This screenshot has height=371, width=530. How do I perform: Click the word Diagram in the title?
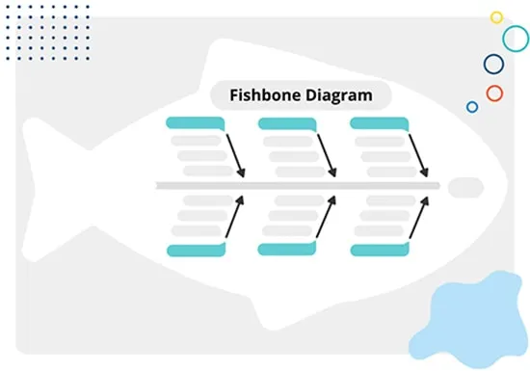(x=339, y=96)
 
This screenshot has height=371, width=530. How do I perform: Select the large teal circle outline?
(x=503, y=39)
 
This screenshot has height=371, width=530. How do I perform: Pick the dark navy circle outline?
(x=484, y=65)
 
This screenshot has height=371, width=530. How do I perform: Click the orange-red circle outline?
(x=487, y=93)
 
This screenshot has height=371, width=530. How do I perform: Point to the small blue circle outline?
(x=467, y=107)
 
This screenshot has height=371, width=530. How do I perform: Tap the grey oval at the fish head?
(x=465, y=188)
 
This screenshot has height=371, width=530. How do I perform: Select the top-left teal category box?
(x=195, y=123)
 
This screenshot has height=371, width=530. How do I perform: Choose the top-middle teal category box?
(x=287, y=123)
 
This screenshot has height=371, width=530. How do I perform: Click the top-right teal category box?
(x=380, y=123)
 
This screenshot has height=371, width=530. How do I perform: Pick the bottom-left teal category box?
(x=197, y=250)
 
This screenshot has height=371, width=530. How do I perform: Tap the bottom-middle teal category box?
(x=287, y=249)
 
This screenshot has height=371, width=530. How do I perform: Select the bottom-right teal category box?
(x=380, y=250)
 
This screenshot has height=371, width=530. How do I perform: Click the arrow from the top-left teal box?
(x=235, y=156)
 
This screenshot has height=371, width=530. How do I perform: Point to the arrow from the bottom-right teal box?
(x=419, y=218)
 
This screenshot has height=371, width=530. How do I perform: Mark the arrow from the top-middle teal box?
(x=328, y=156)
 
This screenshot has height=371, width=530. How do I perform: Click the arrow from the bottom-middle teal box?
(x=326, y=217)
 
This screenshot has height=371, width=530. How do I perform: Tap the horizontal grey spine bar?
(x=298, y=185)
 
